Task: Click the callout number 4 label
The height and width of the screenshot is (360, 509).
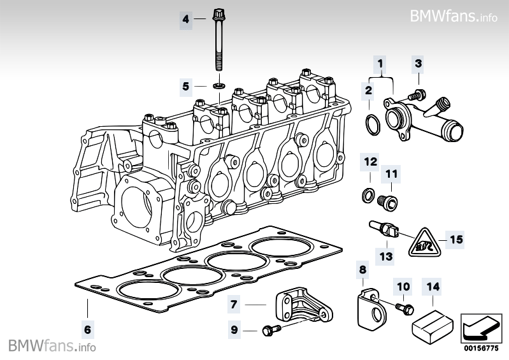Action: pos(186,20)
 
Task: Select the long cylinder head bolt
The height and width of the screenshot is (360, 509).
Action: pos(219,41)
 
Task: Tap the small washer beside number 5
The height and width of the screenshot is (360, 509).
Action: pos(219,85)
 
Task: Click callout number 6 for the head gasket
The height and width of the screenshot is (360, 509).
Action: pos(87,329)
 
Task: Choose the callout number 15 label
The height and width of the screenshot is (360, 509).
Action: pos(455,240)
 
